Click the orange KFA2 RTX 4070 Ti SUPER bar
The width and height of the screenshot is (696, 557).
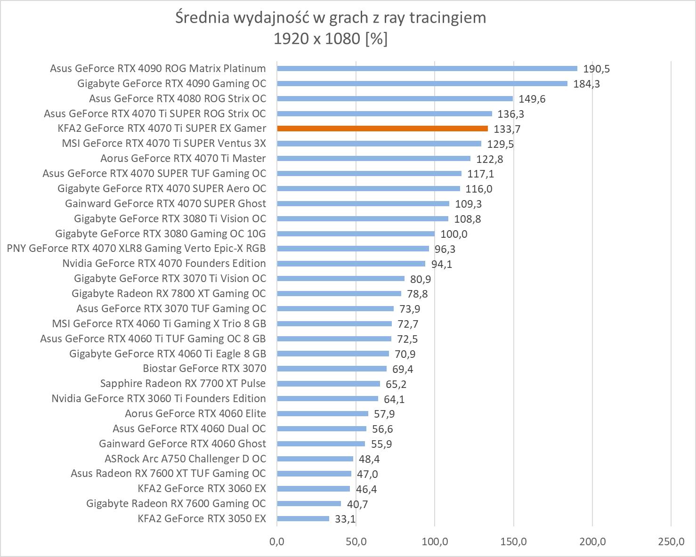point(382,129)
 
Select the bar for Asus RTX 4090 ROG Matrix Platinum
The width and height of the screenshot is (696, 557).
point(427,68)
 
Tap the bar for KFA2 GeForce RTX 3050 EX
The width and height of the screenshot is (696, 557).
point(303,518)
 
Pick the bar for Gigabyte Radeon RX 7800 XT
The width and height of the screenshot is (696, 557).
point(339,293)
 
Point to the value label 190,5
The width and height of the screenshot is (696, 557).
point(596,69)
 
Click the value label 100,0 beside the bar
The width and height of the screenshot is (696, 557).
point(453,234)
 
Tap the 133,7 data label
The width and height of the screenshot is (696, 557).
point(507,129)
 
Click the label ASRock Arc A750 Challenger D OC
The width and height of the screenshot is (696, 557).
point(185,458)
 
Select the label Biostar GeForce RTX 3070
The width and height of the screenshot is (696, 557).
point(204,368)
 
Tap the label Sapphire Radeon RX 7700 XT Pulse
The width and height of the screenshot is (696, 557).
point(183,383)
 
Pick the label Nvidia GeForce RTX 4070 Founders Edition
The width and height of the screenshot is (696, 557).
point(164,263)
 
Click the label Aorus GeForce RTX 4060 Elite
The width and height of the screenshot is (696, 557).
point(195,413)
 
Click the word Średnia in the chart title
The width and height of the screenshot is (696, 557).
point(203,18)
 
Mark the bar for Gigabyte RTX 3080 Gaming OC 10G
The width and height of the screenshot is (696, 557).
point(356,234)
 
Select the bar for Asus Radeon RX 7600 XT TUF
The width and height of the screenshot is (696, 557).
point(314,473)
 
